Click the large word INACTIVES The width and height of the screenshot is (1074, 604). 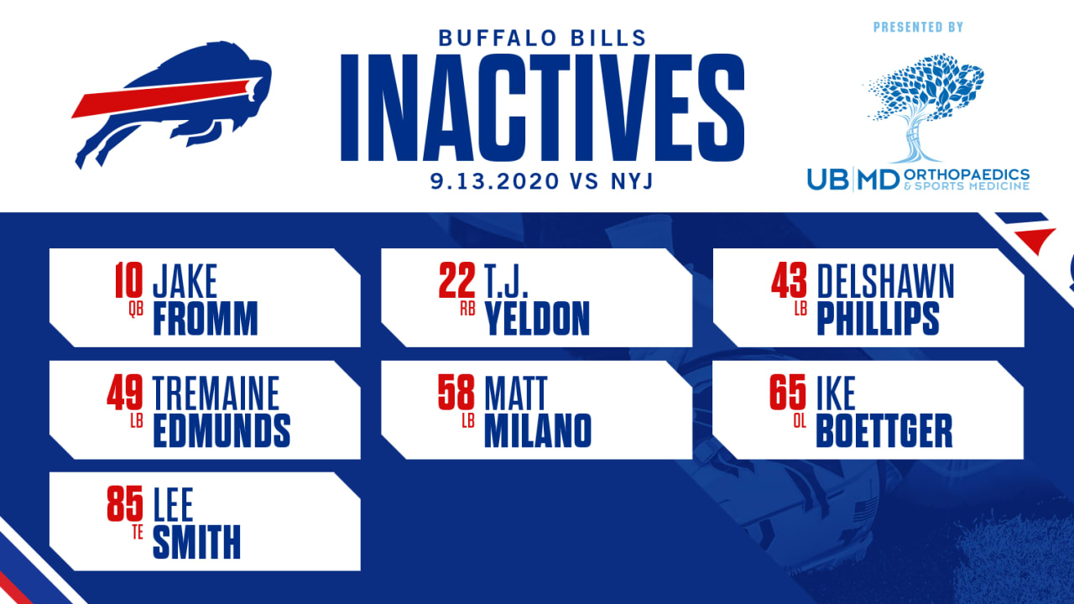point(542,107)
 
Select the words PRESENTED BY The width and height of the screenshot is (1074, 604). point(918,28)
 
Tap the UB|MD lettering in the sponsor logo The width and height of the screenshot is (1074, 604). point(852,178)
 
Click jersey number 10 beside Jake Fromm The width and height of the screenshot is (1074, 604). point(129,281)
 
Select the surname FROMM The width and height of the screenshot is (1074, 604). point(205,319)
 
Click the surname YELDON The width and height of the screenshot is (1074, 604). point(537,319)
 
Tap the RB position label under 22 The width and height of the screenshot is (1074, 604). point(468,309)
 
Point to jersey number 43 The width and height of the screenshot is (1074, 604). point(790,281)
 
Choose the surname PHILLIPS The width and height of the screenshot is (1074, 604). point(877,319)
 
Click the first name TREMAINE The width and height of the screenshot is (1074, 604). point(216,393)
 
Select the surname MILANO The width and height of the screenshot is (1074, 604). point(538,431)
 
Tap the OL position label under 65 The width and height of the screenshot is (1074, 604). point(800,421)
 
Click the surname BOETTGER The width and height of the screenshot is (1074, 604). point(884,431)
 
